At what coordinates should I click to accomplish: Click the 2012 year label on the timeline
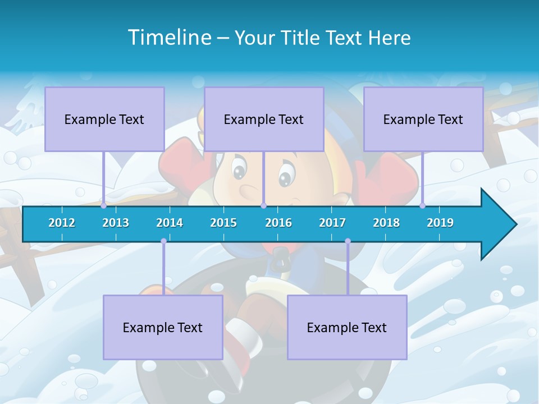[62, 223]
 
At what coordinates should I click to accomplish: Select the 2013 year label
[116, 223]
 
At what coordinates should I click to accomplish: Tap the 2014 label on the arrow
[170, 223]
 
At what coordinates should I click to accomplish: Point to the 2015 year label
[223, 223]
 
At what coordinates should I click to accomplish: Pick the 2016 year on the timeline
[278, 223]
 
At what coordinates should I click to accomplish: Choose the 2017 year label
[332, 223]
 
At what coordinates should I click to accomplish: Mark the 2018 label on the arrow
[386, 223]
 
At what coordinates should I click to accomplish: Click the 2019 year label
[440, 223]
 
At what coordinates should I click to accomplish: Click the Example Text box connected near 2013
[104, 119]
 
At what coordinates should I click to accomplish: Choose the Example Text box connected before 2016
[264, 119]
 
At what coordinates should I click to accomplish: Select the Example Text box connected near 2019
[423, 119]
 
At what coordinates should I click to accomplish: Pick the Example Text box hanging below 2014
[163, 327]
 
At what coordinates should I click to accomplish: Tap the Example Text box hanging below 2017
[347, 327]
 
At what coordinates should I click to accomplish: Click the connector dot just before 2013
[103, 205]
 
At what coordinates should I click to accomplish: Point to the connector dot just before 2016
[263, 205]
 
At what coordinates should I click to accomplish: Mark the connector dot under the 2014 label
[163, 241]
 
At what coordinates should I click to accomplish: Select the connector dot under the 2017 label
[348, 241]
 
